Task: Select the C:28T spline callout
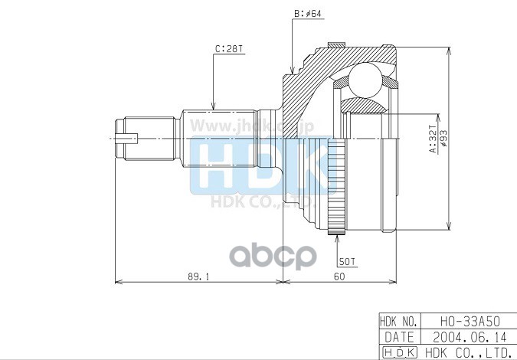[229, 49]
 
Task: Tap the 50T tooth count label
[348, 261]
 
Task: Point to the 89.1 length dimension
[198, 277]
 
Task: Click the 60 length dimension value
[339, 277]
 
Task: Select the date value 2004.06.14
[466, 336]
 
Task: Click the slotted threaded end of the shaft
[127, 139]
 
